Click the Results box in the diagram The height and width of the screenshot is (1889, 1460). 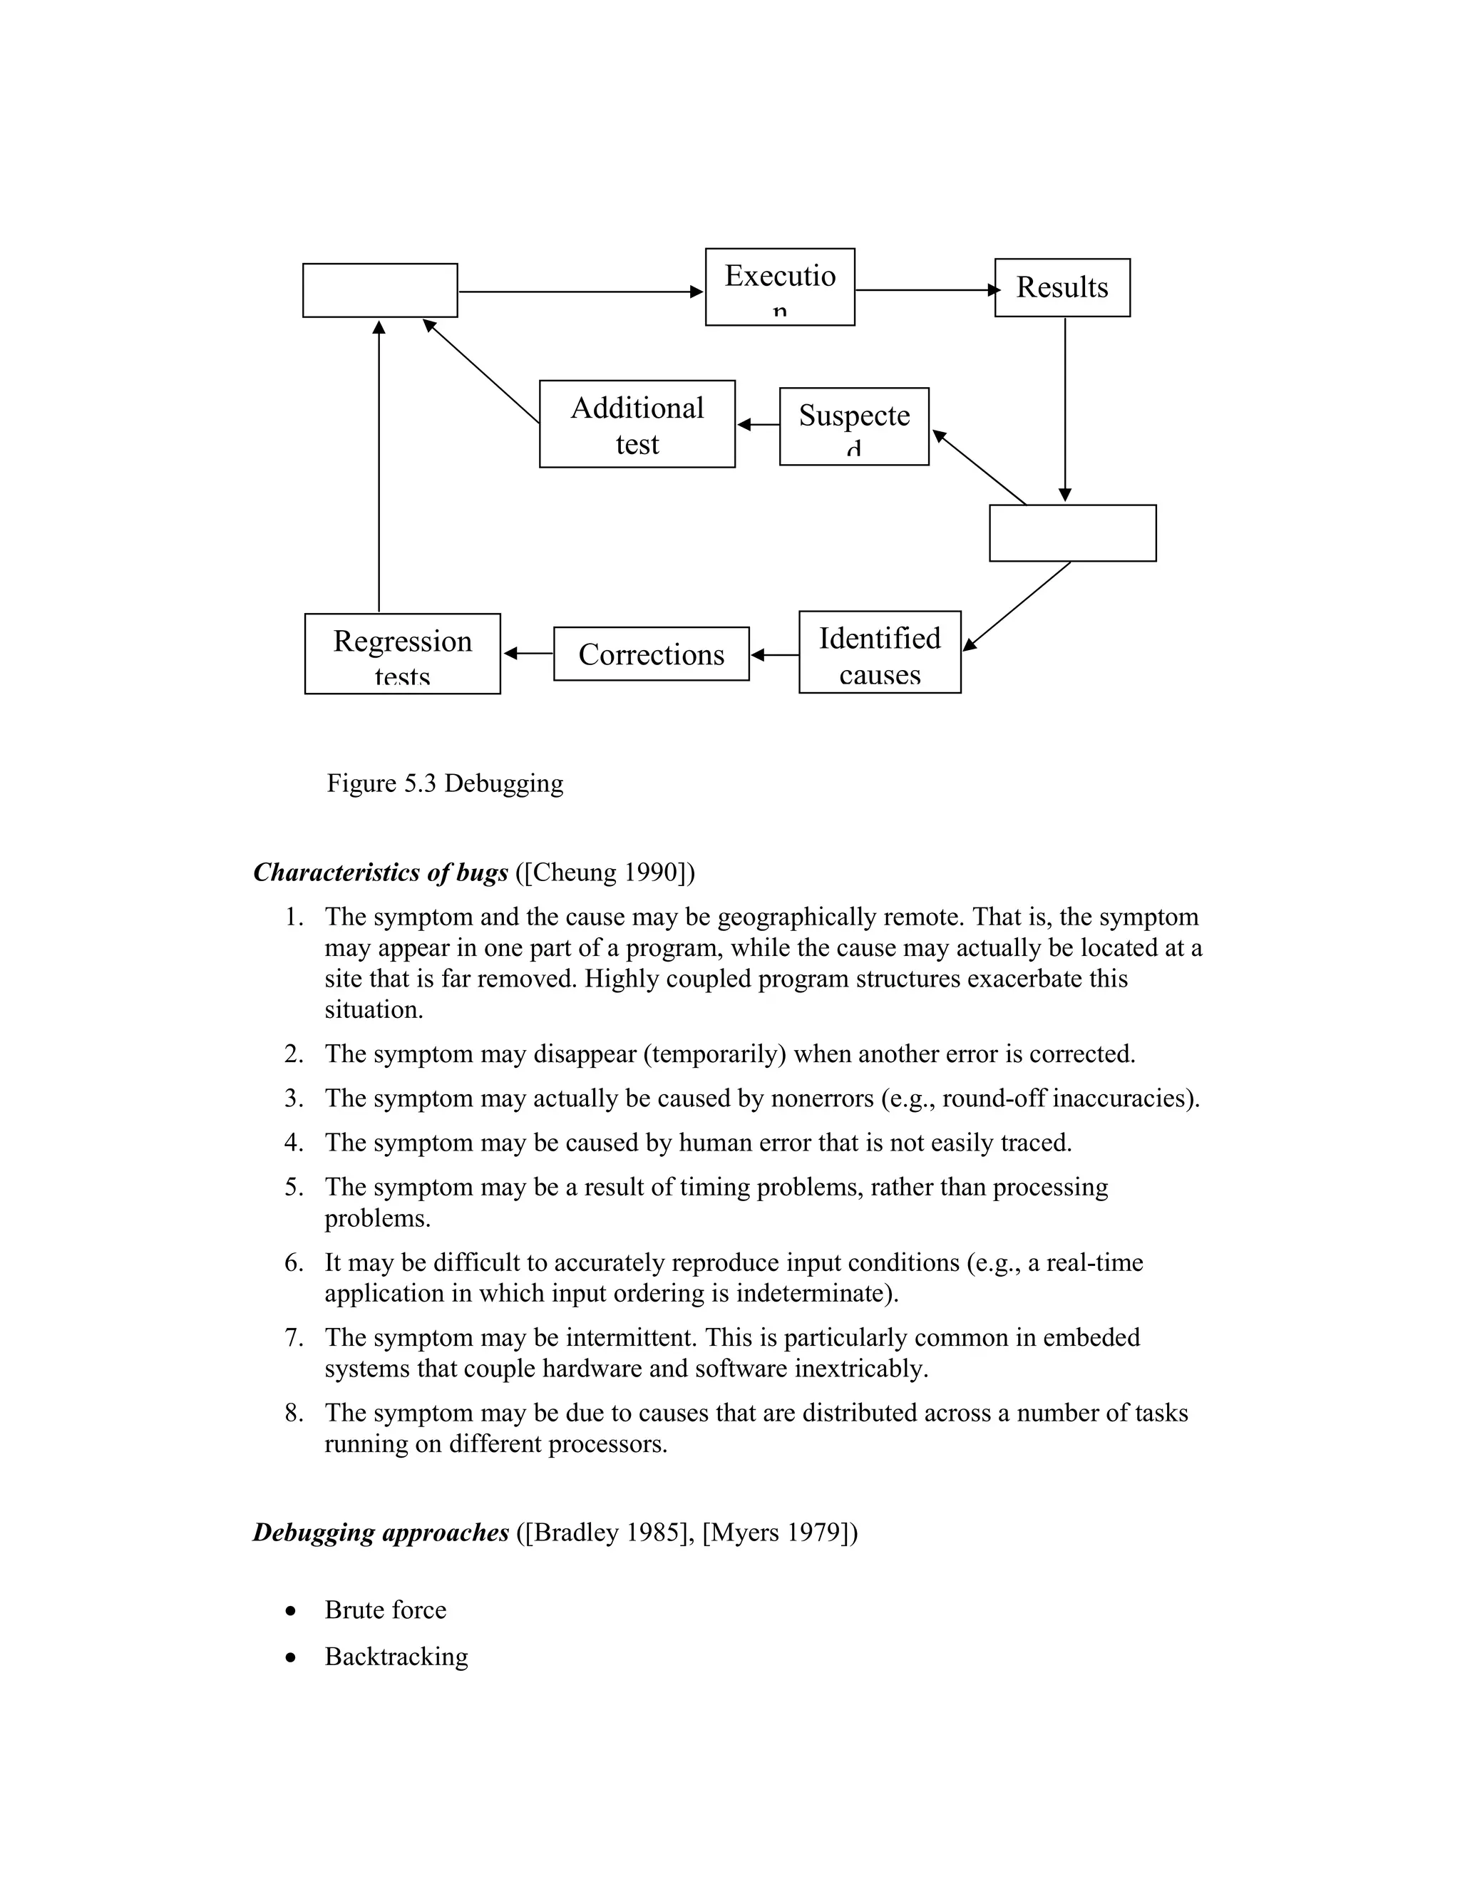(x=1061, y=288)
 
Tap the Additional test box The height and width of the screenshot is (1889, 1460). (x=637, y=425)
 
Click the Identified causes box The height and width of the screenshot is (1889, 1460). (x=879, y=653)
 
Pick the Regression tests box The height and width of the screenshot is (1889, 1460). (x=402, y=654)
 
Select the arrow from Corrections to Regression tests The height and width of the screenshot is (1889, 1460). (x=528, y=654)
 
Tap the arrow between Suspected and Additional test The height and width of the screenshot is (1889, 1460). (x=758, y=425)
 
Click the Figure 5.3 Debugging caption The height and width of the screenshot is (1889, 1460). (x=445, y=783)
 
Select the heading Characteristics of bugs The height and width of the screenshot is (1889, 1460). (x=381, y=873)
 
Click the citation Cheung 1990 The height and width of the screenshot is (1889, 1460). (x=605, y=873)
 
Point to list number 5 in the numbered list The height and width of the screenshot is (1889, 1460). (x=294, y=1188)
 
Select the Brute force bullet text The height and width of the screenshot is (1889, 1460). (x=386, y=1610)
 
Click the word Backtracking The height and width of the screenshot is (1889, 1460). (x=396, y=1657)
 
